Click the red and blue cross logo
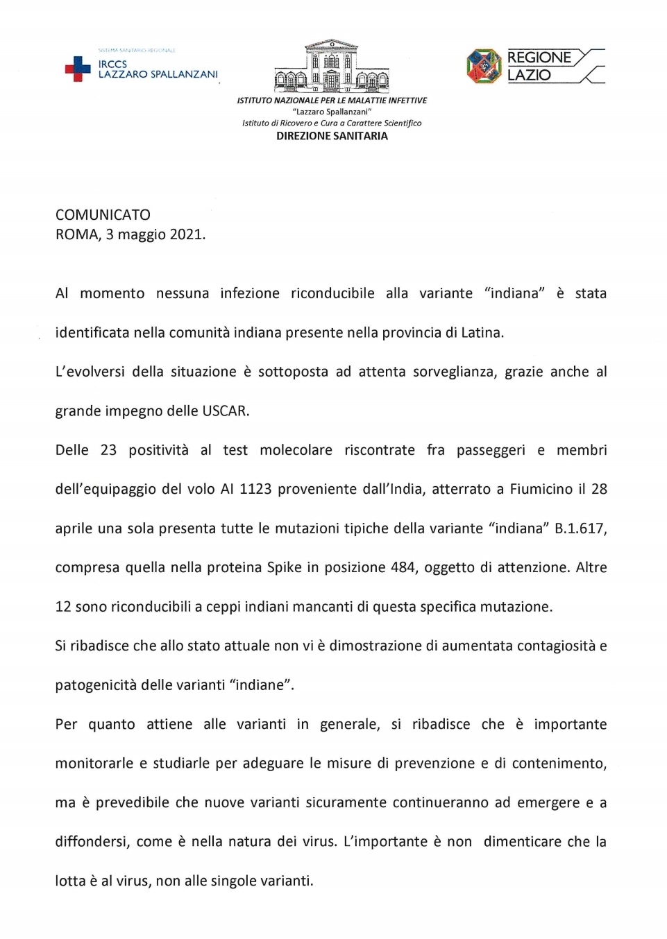(78, 69)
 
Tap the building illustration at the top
(332, 67)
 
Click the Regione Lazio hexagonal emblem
(484, 67)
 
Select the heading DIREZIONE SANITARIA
(332, 137)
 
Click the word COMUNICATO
(103, 215)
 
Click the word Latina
(481, 333)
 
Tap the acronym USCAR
(225, 411)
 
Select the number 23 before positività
(108, 450)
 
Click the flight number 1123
(255, 490)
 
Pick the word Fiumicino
(541, 490)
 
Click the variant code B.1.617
(580, 528)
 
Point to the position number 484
(403, 568)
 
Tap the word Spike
(285, 568)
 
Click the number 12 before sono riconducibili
(63, 607)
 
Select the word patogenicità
(96, 685)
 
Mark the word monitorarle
(94, 764)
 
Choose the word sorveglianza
(455, 372)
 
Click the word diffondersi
(92, 842)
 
